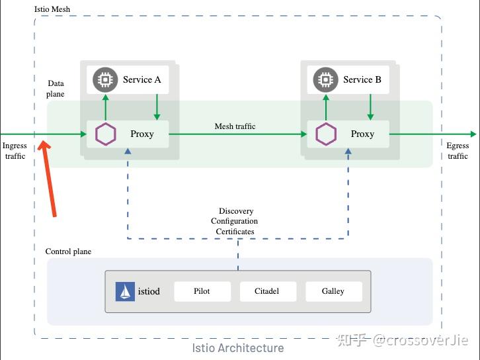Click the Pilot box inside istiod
pos(202,291)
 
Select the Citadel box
pos(267,291)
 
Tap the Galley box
pos(333,291)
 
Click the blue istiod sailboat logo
pos(125,291)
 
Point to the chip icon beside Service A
pos(104,79)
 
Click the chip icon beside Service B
pos(325,79)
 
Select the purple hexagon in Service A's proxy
pos(105,134)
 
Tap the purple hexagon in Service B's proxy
pos(325,134)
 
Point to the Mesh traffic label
pos(235,126)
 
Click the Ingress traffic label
pos(15,151)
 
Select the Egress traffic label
pos(458,151)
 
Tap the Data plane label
pos(56,89)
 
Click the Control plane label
pos(68,251)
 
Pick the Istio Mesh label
pos(52,9)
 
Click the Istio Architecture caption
pos(237,347)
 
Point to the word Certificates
pos(235,232)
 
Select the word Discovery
pos(236,212)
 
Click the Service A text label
pos(141,79)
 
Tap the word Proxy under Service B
pos(362,134)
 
